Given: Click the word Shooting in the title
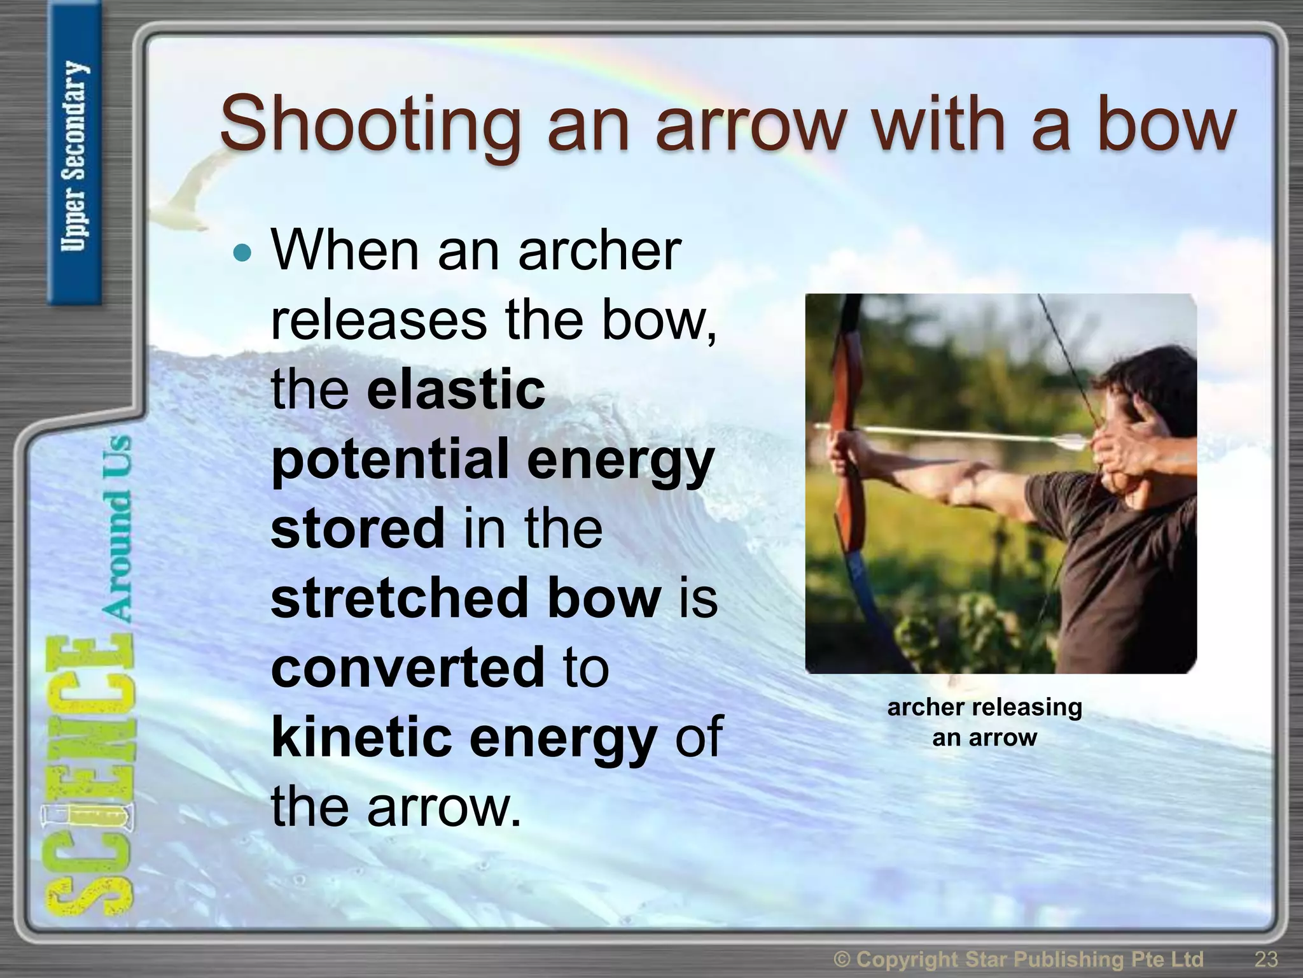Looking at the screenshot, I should tap(369, 125).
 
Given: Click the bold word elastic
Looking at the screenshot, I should tap(456, 389).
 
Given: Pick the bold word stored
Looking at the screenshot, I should tap(357, 528).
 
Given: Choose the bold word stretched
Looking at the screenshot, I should tap(398, 597).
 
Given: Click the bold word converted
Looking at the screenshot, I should tap(408, 667).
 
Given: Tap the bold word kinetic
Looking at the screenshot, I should tap(360, 736).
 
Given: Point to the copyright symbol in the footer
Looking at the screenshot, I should tap(842, 959).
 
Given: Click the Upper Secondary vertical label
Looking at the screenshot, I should tap(74, 156).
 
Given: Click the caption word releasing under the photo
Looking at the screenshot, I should tap(1027, 707).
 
